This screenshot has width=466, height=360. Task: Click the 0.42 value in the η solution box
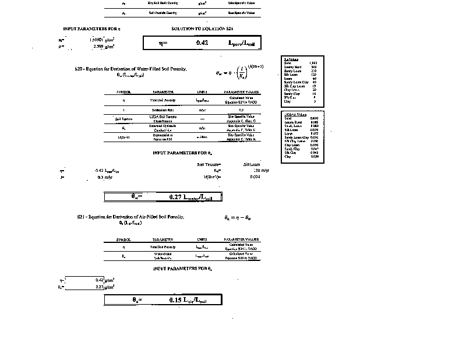point(202,43)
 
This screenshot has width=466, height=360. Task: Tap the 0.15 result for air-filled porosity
point(176,300)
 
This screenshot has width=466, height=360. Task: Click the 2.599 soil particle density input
point(93,45)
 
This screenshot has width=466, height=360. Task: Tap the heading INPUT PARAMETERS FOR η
point(91,29)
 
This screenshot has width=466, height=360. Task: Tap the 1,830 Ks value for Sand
point(313,62)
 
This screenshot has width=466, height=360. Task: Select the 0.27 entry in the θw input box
point(99,287)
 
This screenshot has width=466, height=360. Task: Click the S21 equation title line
point(130,216)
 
